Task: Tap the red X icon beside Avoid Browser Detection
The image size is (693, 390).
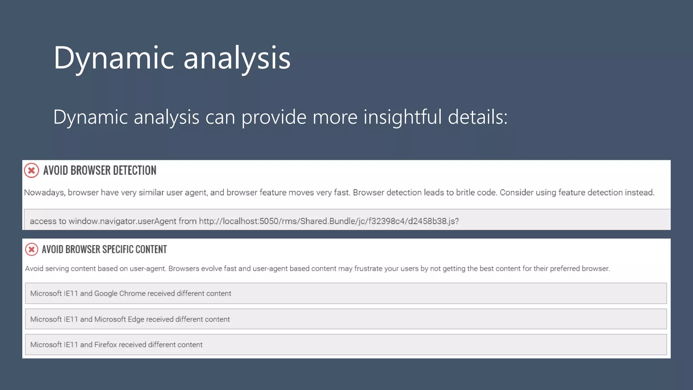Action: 31,170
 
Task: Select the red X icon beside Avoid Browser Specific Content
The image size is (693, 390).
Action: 31,250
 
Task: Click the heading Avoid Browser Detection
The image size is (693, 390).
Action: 100,170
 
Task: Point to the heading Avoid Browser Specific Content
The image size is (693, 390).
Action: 104,250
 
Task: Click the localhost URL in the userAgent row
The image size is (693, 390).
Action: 329,221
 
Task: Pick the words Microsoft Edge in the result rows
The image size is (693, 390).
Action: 119,319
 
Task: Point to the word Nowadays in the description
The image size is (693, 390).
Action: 44,193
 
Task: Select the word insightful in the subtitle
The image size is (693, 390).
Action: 402,117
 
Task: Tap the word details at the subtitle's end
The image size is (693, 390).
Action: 477,117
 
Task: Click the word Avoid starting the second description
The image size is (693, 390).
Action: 34,268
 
